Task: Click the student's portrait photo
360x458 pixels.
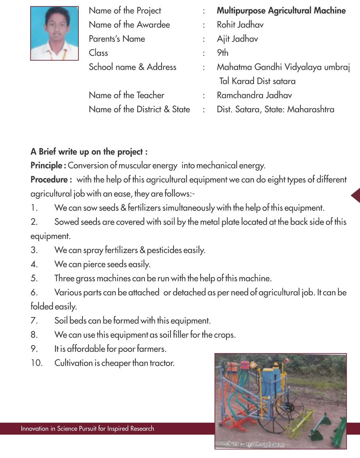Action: pos(54,33)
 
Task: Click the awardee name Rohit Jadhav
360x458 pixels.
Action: pos(240,25)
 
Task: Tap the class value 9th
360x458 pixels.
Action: pos(222,53)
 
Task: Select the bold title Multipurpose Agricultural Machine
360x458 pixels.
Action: pos(281,11)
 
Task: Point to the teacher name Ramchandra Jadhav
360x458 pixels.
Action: pos(254,95)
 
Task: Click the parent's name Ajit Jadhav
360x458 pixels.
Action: pos(237,39)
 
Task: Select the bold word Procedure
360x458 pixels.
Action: pos(49,180)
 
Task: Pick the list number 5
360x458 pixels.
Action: pos(34,278)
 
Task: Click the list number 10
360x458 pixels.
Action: pos(36,363)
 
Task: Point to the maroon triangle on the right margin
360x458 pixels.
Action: pos(356,195)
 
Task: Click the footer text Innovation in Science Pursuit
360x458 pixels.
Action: pos(87,429)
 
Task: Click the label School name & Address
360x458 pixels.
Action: pos(132,67)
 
